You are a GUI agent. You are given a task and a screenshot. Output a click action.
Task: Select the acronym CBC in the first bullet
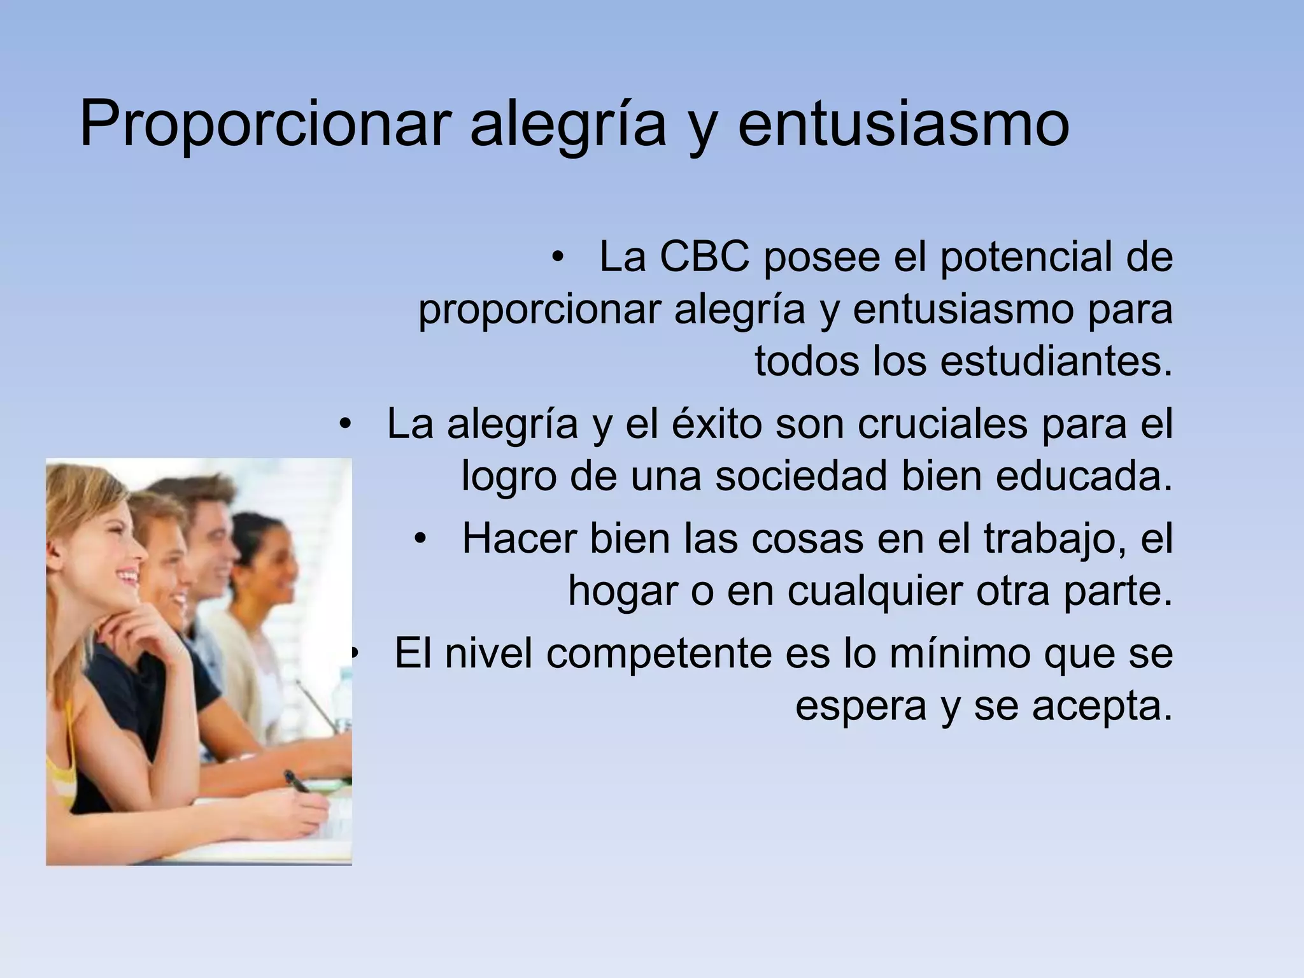click(704, 257)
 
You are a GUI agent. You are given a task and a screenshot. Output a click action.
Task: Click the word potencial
click(1032, 257)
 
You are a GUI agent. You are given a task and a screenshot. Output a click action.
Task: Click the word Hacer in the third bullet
click(519, 539)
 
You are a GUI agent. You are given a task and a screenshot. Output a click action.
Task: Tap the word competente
click(658, 653)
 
